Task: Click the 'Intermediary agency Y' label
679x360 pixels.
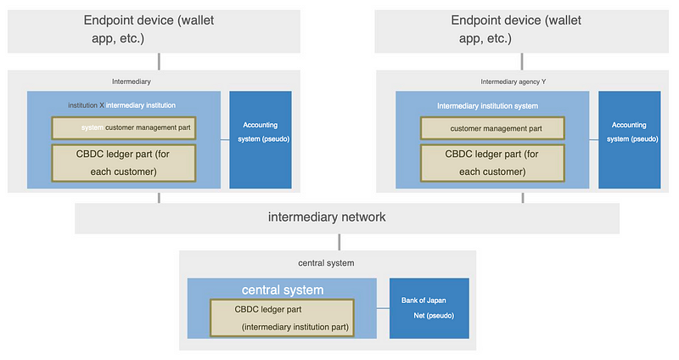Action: pyautogui.click(x=513, y=82)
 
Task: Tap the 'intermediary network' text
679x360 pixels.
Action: pyautogui.click(x=327, y=217)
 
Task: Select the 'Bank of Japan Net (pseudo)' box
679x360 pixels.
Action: pyautogui.click(x=429, y=308)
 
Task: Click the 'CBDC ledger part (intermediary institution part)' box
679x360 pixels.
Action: pyautogui.click(x=282, y=318)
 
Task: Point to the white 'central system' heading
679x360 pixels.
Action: pyautogui.click(x=283, y=290)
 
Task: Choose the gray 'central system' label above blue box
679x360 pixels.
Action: pyautogui.click(x=326, y=263)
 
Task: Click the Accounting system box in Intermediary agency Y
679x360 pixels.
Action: pyautogui.click(x=629, y=139)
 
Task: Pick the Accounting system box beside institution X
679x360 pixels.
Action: pyautogui.click(x=261, y=139)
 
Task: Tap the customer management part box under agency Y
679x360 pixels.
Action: pyautogui.click(x=492, y=128)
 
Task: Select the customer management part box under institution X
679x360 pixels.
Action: pyautogui.click(x=123, y=128)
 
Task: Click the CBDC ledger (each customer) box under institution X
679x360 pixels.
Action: pyautogui.click(x=123, y=163)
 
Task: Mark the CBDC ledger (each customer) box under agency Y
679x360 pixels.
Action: pyautogui.click(x=492, y=163)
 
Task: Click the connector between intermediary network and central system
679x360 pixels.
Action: pyautogui.click(x=339, y=242)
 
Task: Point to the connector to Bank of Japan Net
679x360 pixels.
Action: pyautogui.click(x=384, y=308)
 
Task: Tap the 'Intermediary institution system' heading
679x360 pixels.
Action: pyautogui.click(x=487, y=105)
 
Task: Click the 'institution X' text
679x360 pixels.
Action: pyautogui.click(x=87, y=105)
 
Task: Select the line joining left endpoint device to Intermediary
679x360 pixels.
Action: pyautogui.click(x=159, y=61)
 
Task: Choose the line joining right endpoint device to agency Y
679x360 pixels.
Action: pyautogui.click(x=522, y=61)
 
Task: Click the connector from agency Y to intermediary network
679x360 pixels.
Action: pyautogui.click(x=523, y=198)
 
